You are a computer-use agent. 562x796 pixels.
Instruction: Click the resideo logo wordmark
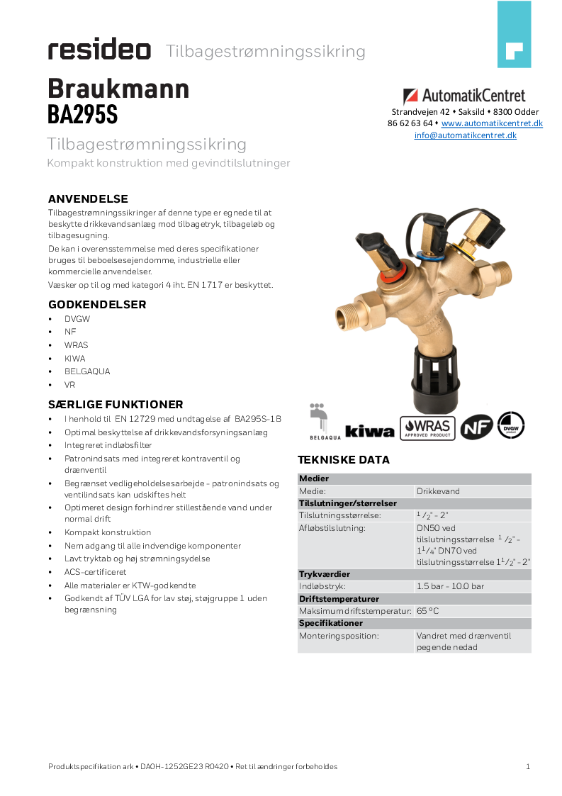[99, 50]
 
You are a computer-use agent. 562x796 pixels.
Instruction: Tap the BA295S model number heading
[82, 115]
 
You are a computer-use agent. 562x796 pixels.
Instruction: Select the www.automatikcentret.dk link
[492, 123]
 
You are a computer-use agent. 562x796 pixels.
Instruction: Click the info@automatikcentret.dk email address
[465, 135]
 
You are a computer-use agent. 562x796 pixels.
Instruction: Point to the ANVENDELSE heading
[88, 198]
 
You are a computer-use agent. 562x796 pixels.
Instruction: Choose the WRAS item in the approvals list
[76, 345]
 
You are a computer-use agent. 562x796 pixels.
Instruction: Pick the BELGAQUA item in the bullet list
[87, 371]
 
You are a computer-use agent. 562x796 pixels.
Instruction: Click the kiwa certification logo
[369, 430]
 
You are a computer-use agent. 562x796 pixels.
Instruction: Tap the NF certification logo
[476, 427]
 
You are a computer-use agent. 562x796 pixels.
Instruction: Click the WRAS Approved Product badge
[427, 427]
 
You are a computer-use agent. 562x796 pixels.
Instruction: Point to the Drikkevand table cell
[437, 491]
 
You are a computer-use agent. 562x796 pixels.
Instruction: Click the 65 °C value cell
[428, 611]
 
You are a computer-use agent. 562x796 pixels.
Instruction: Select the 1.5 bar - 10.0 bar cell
[450, 587]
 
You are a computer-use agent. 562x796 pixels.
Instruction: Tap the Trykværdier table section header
[324, 574]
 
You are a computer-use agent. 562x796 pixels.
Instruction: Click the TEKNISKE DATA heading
[343, 460]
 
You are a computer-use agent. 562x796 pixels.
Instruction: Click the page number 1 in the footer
[528, 766]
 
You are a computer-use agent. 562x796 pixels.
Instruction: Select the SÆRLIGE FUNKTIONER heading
[116, 405]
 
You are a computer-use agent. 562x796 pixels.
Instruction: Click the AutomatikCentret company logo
[464, 96]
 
